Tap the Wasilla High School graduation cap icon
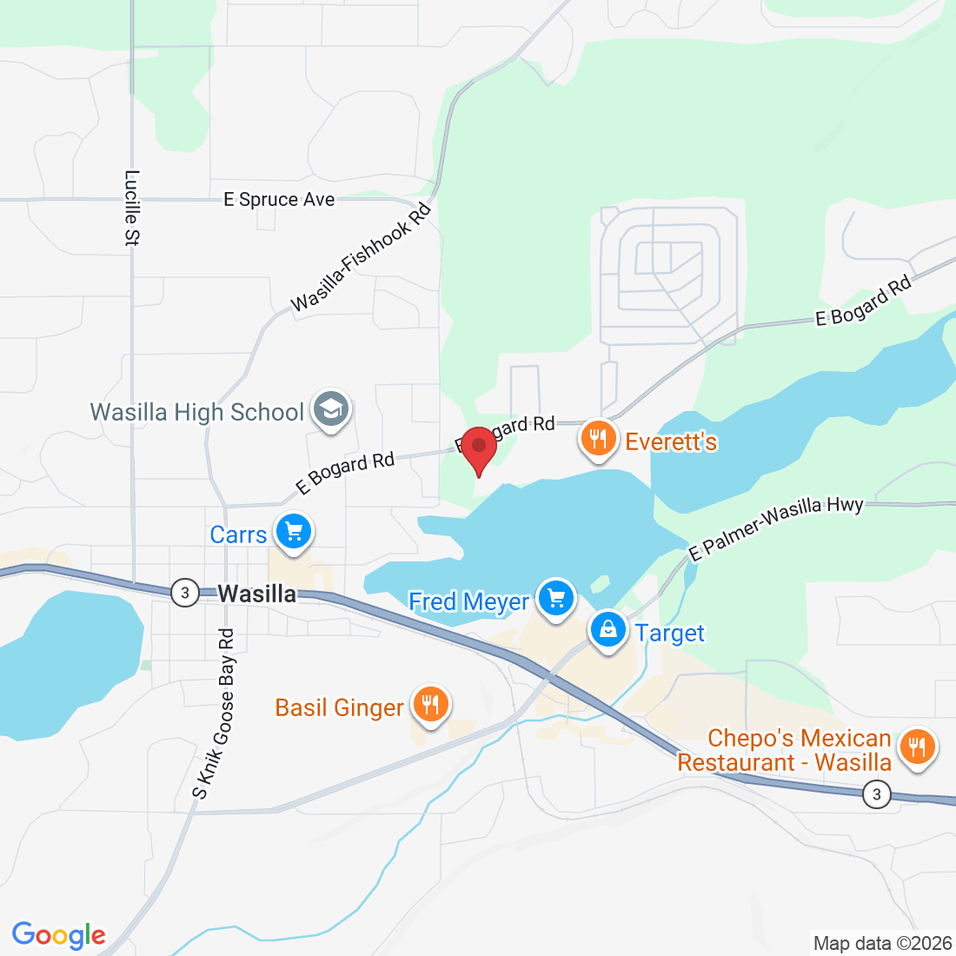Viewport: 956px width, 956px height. [x=331, y=409]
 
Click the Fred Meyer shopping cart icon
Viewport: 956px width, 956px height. [x=556, y=599]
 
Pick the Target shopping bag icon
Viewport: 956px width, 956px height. [x=608, y=630]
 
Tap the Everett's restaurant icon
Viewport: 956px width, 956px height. [x=598, y=439]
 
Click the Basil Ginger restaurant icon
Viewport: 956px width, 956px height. [x=429, y=703]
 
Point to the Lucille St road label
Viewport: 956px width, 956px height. [x=132, y=208]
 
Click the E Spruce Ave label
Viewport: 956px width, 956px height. [x=279, y=200]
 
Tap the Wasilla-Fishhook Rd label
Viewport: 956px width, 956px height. [x=362, y=258]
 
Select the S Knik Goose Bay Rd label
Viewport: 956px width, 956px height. [x=216, y=714]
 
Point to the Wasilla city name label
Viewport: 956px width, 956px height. [x=257, y=594]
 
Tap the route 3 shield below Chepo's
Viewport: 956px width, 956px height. [x=877, y=793]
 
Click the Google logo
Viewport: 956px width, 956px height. [x=59, y=935]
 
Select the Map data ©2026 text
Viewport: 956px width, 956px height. [x=882, y=943]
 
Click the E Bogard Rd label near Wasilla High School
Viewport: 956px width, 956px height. [x=345, y=473]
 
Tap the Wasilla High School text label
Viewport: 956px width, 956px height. [x=197, y=412]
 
